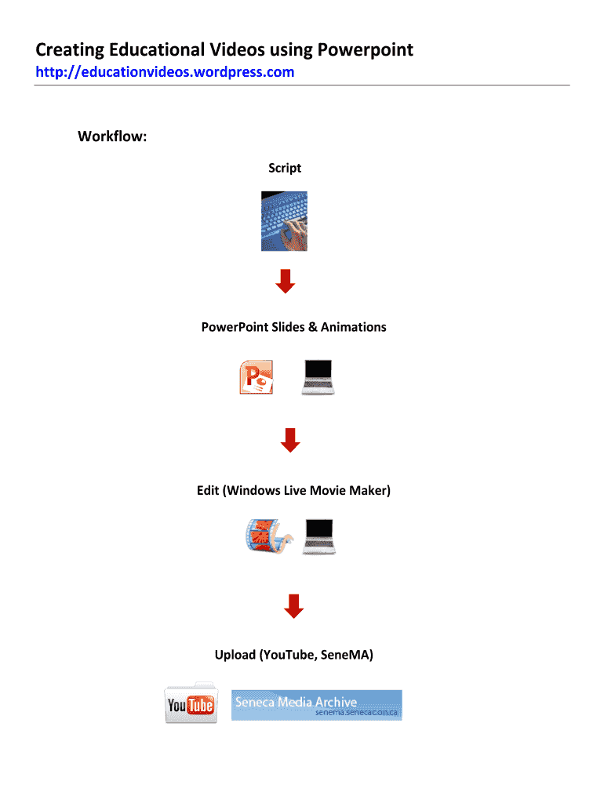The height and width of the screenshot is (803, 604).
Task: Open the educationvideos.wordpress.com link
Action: (x=165, y=72)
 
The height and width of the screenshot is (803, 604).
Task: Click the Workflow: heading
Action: (x=112, y=137)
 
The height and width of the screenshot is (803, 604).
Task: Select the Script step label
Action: (x=285, y=168)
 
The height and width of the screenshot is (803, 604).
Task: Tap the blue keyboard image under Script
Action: (x=284, y=220)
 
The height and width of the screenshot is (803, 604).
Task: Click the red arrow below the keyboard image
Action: (x=286, y=281)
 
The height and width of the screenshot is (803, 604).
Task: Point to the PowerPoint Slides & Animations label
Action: (x=293, y=327)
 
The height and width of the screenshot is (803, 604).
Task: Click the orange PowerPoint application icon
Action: (x=256, y=377)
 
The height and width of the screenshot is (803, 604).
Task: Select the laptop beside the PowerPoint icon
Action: (x=318, y=377)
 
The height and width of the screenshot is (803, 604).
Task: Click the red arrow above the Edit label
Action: (x=290, y=440)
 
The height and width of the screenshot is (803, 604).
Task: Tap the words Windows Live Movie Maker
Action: (x=307, y=491)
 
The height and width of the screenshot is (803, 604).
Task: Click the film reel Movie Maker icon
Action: (x=267, y=536)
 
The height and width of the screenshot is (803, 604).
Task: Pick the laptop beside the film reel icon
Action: (x=320, y=536)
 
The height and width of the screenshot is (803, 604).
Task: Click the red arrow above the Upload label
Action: (x=293, y=605)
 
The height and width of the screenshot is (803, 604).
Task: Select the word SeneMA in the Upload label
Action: (x=344, y=655)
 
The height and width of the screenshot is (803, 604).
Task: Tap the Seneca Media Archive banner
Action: (x=316, y=705)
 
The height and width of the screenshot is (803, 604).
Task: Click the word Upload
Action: (x=235, y=655)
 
